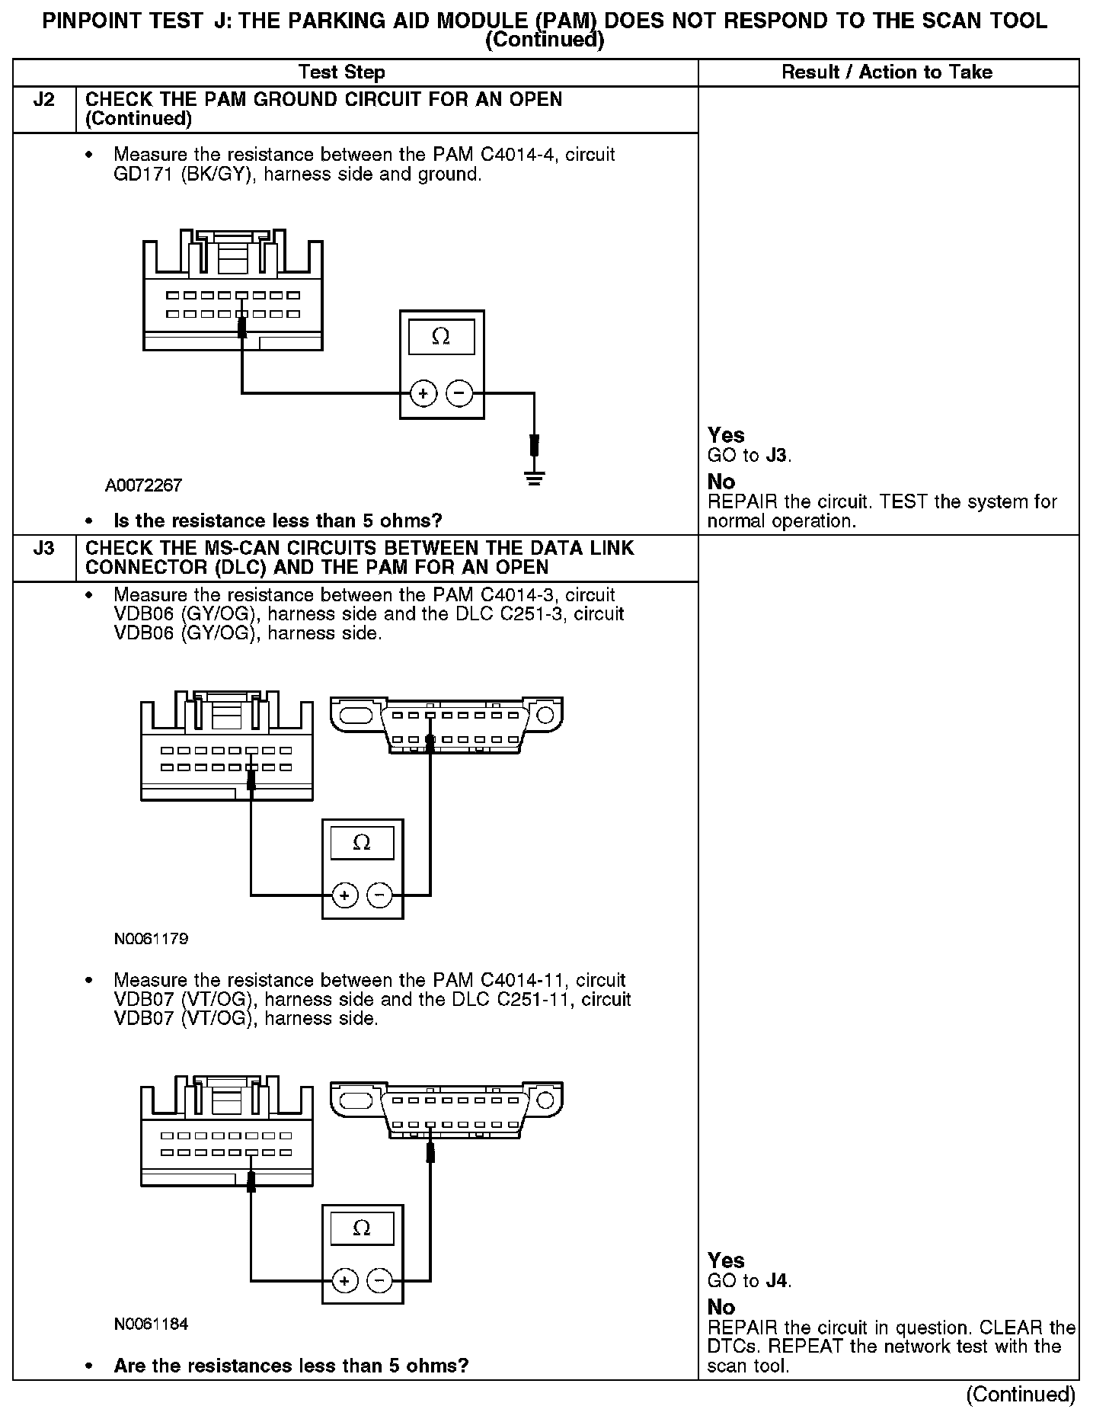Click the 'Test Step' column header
(x=341, y=72)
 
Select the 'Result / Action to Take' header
(x=887, y=72)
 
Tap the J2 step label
(x=44, y=100)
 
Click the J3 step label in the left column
(x=44, y=549)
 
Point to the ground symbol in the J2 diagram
(x=535, y=479)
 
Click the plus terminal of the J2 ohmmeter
(x=423, y=394)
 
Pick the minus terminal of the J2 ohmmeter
(x=459, y=394)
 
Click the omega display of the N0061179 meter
(x=362, y=843)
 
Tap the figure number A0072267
(x=144, y=485)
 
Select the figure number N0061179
(x=151, y=939)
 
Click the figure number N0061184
(x=151, y=1324)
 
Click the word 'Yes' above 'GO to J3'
(x=726, y=435)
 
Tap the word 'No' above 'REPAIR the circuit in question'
(x=721, y=1308)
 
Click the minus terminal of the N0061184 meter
(x=379, y=1281)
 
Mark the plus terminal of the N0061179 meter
(x=344, y=895)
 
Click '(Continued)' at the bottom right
(x=1020, y=1395)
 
